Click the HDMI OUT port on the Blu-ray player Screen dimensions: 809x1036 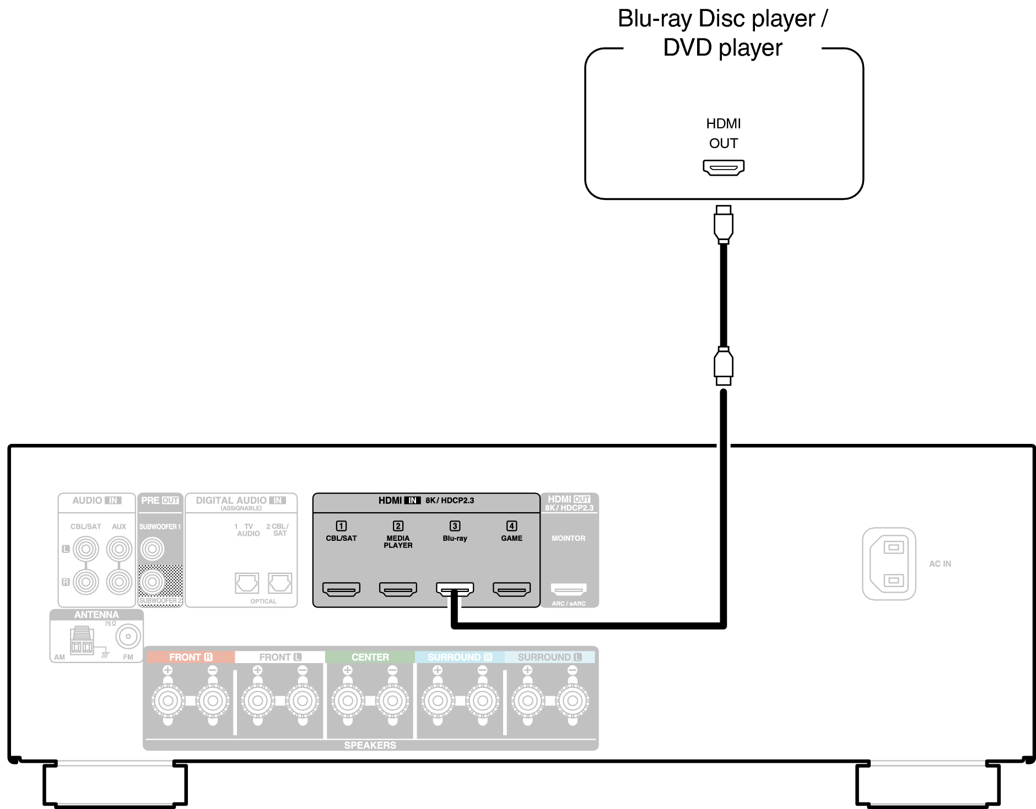[x=724, y=167]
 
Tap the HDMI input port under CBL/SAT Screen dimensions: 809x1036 [x=341, y=589]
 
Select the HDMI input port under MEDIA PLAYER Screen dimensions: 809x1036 [x=398, y=589]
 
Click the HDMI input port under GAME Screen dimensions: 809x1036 [x=511, y=589]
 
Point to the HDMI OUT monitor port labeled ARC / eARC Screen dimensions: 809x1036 [x=569, y=589]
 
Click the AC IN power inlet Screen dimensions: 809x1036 [x=889, y=563]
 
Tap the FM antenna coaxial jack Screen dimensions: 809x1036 [x=128, y=637]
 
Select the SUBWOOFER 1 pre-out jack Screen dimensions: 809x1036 [x=152, y=549]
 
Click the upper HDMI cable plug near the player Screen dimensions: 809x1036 [x=724, y=225]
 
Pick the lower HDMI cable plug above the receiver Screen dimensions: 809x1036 [x=724, y=366]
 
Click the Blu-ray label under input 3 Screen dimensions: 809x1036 [x=455, y=538]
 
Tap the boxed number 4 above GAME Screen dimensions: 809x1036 [x=511, y=526]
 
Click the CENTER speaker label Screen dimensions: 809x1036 [x=370, y=657]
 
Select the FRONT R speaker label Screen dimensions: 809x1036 [x=190, y=657]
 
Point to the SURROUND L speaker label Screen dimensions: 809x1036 [x=549, y=657]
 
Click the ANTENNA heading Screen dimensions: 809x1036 [x=96, y=615]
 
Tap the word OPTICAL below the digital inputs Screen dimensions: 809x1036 [x=263, y=601]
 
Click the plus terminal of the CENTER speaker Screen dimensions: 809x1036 [x=347, y=701]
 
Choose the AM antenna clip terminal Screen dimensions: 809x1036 [x=82, y=642]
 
